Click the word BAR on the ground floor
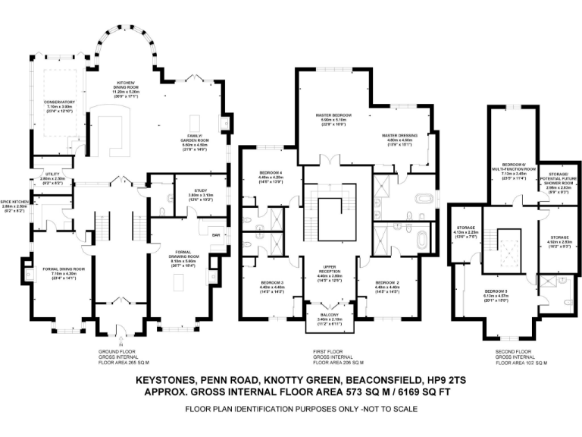(216, 235)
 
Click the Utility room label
(52, 176)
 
